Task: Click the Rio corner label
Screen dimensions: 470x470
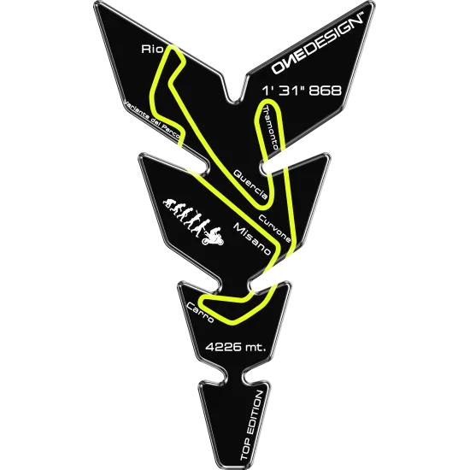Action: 152,50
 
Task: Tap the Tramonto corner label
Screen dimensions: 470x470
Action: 270,127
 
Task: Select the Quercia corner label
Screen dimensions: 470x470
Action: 250,184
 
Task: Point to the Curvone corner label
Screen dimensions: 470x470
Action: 274,228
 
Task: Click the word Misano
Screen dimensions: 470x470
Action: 252,239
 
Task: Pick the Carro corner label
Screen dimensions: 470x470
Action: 200,312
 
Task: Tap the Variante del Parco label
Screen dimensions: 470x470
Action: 153,120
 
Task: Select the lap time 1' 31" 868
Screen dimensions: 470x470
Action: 302,91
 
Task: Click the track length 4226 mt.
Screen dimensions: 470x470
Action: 236,347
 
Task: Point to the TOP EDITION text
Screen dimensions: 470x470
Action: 252,426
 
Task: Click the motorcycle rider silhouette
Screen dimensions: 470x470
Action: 213,237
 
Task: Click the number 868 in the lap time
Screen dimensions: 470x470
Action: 326,91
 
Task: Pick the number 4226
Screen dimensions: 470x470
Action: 223,347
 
